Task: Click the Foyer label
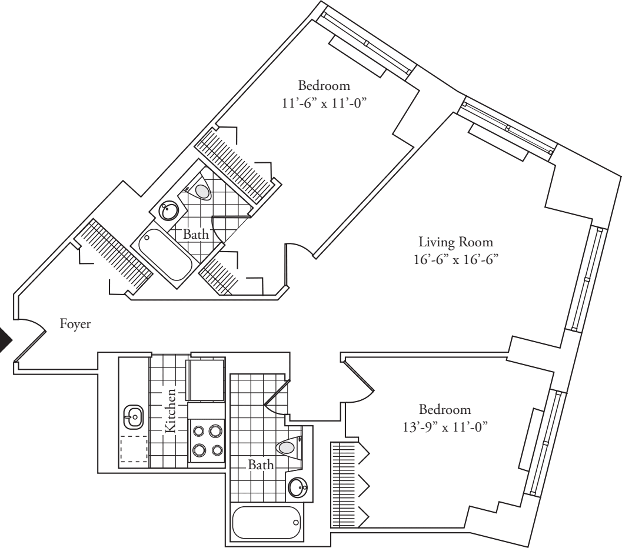[76, 324]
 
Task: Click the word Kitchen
[171, 410]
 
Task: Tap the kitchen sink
[132, 417]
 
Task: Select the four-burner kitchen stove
[207, 440]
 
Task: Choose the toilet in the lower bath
[288, 448]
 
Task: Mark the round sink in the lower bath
[299, 487]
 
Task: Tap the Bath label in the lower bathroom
[261, 465]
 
